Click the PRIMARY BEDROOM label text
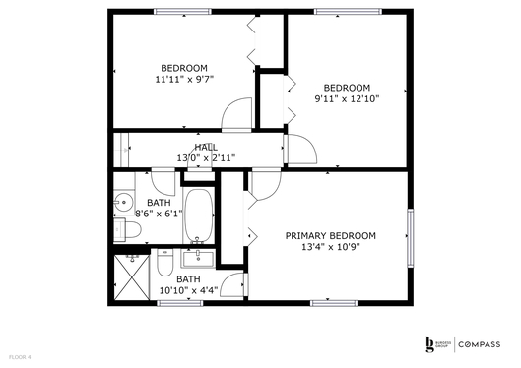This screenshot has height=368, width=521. [331, 235]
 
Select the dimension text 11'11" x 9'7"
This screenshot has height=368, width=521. [184, 79]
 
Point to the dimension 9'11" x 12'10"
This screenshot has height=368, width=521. [347, 98]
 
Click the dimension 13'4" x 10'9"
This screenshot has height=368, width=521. [331, 248]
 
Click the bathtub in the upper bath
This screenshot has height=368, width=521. [200, 214]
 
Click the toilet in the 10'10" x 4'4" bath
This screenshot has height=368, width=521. [165, 265]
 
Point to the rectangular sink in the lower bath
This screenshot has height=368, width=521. [200, 259]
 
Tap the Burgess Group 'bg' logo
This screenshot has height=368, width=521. [428, 342]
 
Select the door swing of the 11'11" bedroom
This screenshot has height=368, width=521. [237, 116]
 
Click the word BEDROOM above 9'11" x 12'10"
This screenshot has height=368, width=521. [347, 86]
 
